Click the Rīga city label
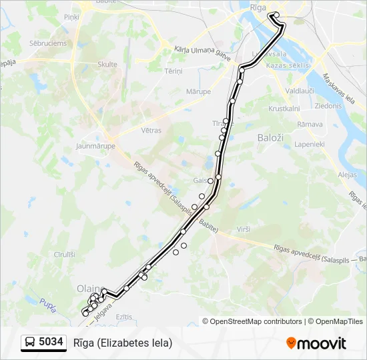point(258,6)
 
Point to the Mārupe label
point(198,91)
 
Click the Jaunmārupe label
point(96,146)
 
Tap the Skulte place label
point(107,65)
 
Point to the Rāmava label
point(310,124)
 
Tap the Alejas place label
point(348,174)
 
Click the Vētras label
point(151,131)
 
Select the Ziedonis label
point(328,106)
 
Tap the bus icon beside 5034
point(30,343)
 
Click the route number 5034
point(51,343)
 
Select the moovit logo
point(316,343)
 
